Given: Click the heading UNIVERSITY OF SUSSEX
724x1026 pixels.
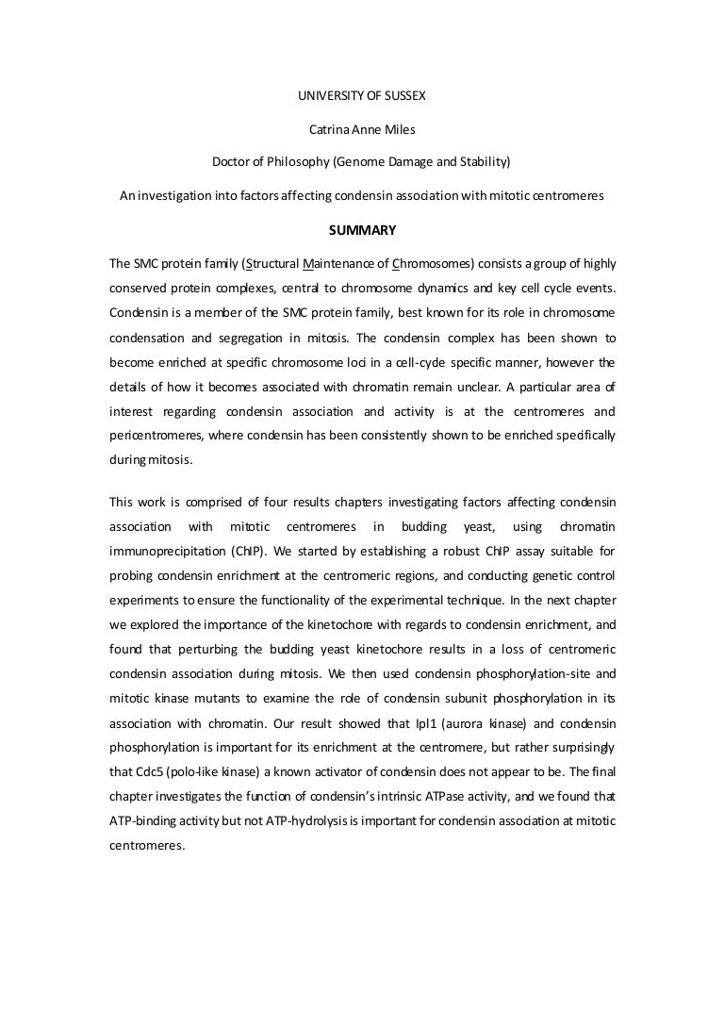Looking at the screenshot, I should (361, 95).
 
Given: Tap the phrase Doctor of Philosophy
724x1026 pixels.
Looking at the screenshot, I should (270, 161).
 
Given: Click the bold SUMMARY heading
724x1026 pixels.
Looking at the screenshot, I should (361, 229).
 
